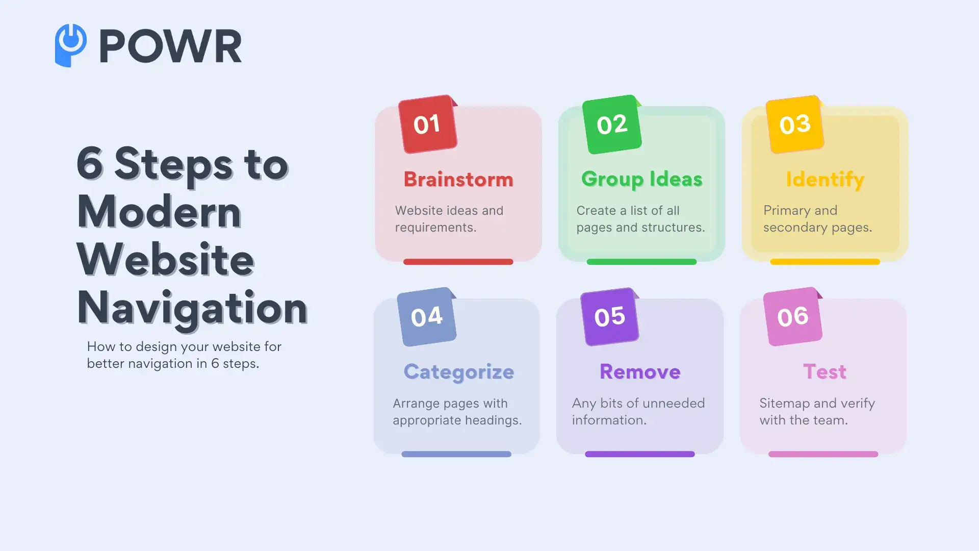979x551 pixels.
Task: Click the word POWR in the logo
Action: click(170, 46)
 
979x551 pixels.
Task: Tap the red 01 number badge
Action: click(427, 124)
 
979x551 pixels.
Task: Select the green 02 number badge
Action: click(611, 124)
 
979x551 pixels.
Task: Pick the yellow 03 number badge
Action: click(795, 124)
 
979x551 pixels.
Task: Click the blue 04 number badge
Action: click(427, 317)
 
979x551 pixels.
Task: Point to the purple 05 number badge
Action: click(610, 317)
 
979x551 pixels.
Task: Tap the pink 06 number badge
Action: click(793, 317)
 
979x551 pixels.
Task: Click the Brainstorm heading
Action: click(458, 180)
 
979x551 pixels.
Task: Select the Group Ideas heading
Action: click(641, 180)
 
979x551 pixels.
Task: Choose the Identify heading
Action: click(825, 180)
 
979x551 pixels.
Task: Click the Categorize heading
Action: click(458, 372)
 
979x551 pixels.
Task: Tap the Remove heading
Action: click(640, 372)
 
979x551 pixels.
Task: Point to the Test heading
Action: click(825, 372)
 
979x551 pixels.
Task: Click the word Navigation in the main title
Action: click(192, 308)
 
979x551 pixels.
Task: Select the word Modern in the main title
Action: click(159, 212)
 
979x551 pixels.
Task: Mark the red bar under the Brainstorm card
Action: click(458, 262)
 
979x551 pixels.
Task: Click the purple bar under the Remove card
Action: click(639, 454)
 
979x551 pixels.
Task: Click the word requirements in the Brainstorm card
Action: click(435, 228)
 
